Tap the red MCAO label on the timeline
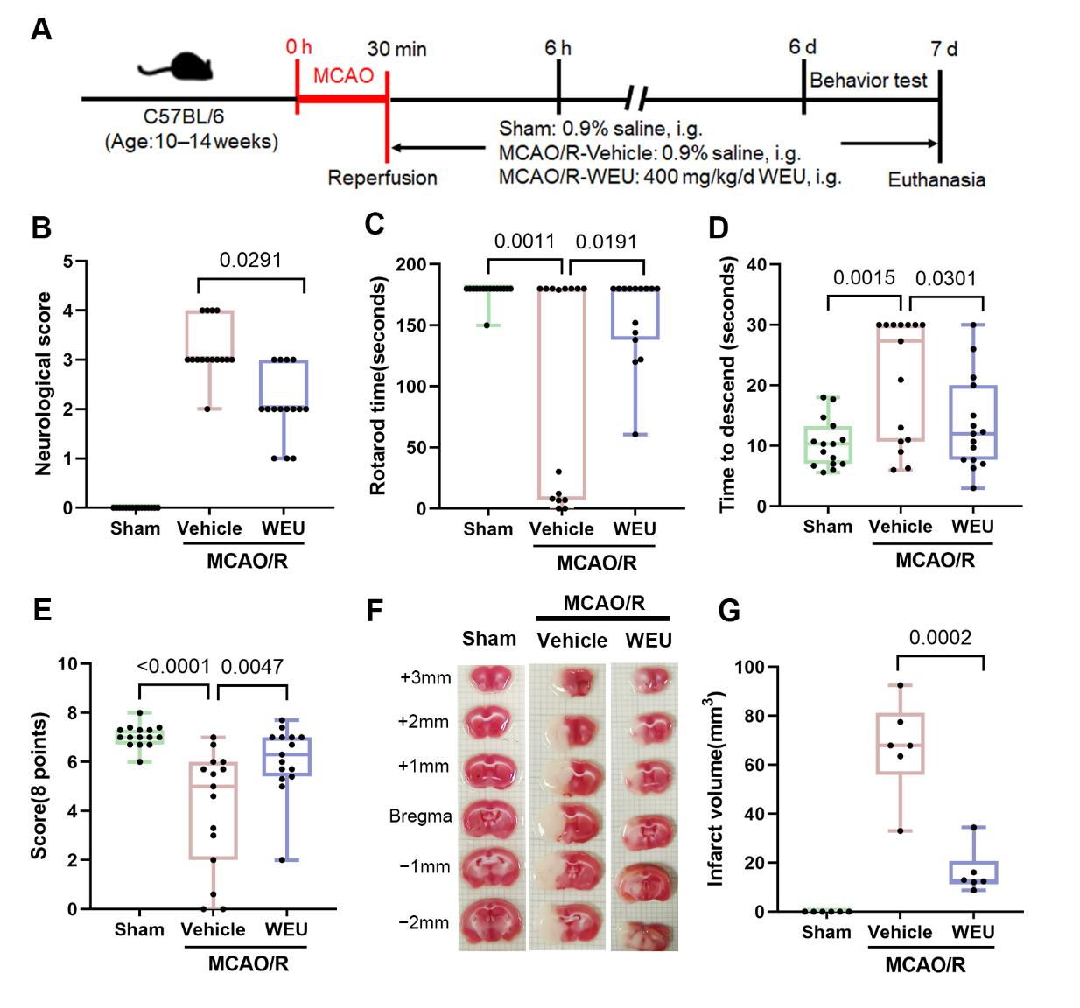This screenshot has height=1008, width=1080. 343,76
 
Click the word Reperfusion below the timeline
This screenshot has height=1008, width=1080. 382,178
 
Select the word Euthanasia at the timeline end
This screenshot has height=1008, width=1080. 936,180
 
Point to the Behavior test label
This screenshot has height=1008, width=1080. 868,80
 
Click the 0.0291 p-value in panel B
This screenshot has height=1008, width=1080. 250,260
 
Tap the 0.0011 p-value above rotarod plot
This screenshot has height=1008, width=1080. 524,241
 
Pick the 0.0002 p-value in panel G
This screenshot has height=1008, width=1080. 940,638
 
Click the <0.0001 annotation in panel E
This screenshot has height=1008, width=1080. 173,667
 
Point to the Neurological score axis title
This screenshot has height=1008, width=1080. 43,383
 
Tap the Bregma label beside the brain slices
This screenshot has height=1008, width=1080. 420,816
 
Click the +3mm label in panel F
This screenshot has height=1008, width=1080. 425,678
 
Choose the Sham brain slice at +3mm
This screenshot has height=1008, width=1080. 491,680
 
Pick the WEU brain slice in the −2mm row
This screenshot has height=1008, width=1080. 644,926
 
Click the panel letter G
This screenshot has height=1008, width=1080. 729,611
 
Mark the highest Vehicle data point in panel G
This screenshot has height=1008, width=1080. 900,685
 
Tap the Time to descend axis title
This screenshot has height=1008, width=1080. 727,385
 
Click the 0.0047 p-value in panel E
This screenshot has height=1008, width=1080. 252,667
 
